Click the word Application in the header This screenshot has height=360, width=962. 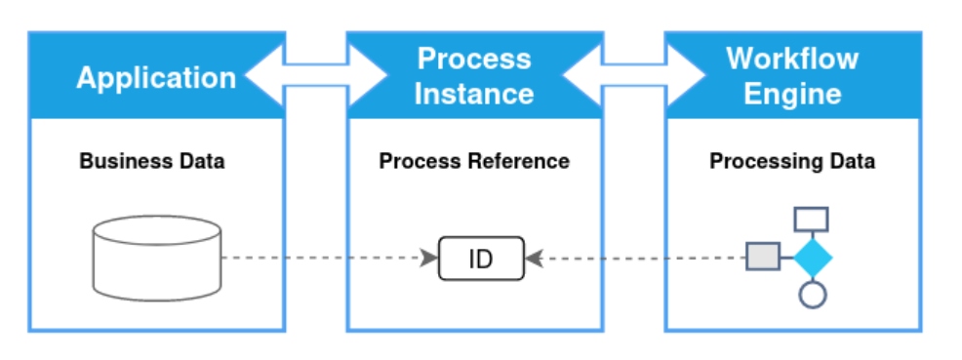tap(156, 77)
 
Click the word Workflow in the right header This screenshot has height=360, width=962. tap(791, 59)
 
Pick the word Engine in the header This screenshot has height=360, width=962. tap(791, 94)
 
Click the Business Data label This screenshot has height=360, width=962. tap(152, 161)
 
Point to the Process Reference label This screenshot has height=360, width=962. tap(474, 161)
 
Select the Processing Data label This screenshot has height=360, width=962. tap(791, 161)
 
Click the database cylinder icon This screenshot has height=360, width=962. tap(156, 258)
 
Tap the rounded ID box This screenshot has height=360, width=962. tap(481, 259)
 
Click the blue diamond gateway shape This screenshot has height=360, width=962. tap(812, 258)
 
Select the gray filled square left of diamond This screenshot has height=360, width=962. tap(763, 258)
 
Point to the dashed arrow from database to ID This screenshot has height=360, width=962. tap(327, 259)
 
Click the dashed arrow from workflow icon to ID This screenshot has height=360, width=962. tap(634, 259)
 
